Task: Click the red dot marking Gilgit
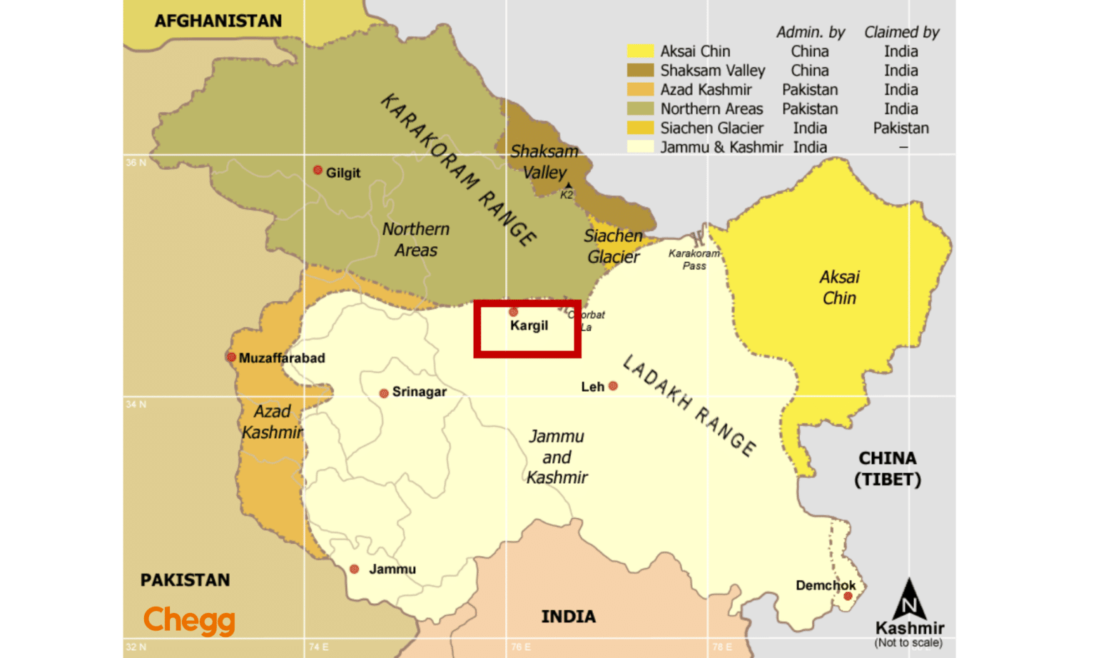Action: point(318,171)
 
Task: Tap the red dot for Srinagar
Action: point(384,393)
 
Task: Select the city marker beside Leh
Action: point(613,386)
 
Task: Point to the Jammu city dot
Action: point(354,569)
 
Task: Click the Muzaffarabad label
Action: point(282,358)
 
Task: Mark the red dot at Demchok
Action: point(848,596)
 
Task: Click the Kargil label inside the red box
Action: point(529,325)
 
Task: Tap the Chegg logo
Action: point(189,619)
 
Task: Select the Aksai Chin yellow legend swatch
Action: point(640,51)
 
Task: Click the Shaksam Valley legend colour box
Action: point(640,70)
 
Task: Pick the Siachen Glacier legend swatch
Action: point(640,128)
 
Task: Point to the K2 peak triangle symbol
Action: point(568,186)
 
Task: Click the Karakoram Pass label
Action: point(694,259)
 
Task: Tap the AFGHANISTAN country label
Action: point(218,21)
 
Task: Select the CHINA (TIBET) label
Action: point(888,468)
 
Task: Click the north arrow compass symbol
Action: point(909,599)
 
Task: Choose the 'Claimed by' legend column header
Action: point(901,32)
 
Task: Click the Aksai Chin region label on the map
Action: point(839,287)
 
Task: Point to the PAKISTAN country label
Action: point(185,579)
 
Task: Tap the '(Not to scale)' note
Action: point(908,642)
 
